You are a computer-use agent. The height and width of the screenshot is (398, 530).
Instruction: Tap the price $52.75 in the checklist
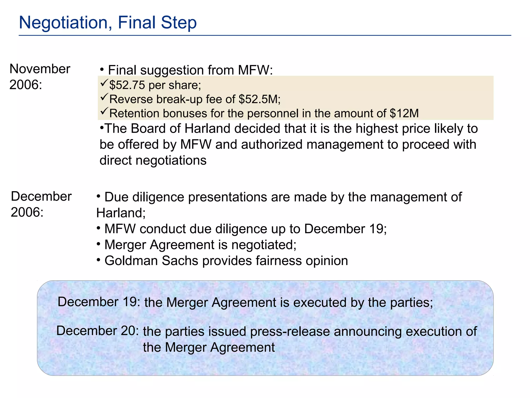(x=127, y=85)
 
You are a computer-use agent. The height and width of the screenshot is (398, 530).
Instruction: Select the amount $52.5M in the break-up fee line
(x=259, y=99)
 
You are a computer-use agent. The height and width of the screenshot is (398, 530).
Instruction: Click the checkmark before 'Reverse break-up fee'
(x=104, y=97)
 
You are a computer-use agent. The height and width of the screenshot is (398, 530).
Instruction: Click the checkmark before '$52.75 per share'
(x=104, y=83)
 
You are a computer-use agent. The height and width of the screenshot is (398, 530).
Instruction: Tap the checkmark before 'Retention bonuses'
(x=104, y=111)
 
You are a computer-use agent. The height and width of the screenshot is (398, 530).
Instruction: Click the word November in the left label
(x=40, y=69)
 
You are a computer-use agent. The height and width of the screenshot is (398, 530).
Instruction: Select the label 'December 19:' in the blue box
(x=99, y=302)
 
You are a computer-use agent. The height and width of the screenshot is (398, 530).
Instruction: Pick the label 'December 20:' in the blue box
(x=98, y=331)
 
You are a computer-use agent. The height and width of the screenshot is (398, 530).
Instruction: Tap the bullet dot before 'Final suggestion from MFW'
(x=102, y=69)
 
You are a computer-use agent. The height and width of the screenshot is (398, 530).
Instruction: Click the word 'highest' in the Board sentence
(x=377, y=129)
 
